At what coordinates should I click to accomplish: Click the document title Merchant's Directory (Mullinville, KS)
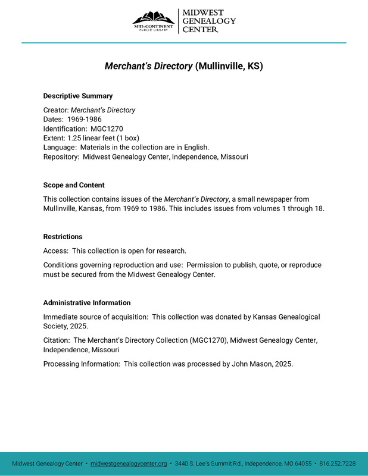[x=184, y=66]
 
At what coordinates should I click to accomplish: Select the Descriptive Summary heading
[x=78, y=96]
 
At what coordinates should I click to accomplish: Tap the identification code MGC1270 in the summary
[x=107, y=128]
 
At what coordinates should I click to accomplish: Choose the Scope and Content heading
[x=74, y=185]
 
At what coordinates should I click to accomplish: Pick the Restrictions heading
[x=63, y=237]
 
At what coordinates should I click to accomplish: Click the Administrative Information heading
[x=87, y=303]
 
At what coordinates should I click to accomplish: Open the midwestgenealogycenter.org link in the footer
[x=129, y=464]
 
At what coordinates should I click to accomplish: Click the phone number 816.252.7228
[x=338, y=464]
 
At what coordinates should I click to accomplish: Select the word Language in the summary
[x=59, y=146]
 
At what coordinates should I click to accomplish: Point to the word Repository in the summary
[x=61, y=156]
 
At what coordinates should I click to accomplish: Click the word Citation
[x=56, y=340]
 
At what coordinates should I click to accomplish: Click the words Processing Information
[x=80, y=364]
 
